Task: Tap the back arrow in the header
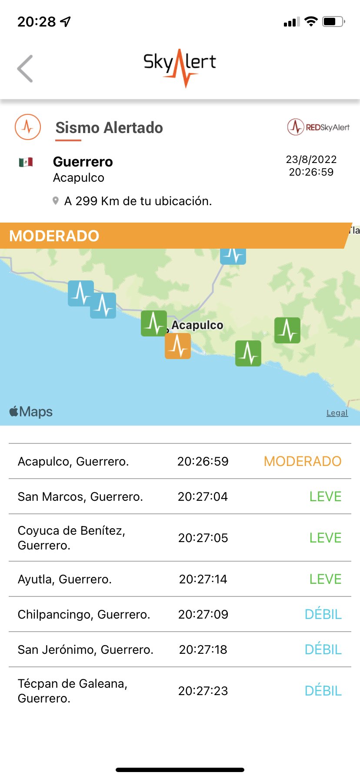click(x=25, y=69)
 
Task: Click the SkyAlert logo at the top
click(x=180, y=66)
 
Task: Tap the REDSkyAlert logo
click(x=318, y=127)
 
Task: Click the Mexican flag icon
click(x=26, y=162)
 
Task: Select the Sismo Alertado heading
click(x=109, y=128)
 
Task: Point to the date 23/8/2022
click(x=311, y=160)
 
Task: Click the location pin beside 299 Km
click(x=56, y=201)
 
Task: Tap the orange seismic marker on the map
click(x=177, y=346)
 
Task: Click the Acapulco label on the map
click(x=197, y=325)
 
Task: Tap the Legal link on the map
click(x=337, y=413)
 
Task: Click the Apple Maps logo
click(x=31, y=412)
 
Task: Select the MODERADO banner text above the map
click(x=54, y=236)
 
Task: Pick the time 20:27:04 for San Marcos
click(x=203, y=496)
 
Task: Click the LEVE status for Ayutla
click(x=325, y=579)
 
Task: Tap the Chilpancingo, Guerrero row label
click(x=84, y=614)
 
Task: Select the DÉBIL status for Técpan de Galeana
click(x=323, y=691)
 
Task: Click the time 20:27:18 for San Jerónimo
click(x=203, y=649)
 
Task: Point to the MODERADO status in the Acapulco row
click(x=303, y=461)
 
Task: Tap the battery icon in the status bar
click(x=333, y=21)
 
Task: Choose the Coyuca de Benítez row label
click(x=72, y=538)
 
